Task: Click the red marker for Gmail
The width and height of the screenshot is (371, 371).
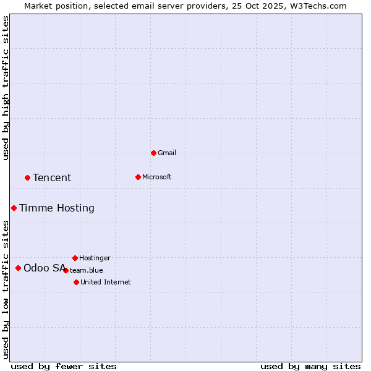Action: [153, 153]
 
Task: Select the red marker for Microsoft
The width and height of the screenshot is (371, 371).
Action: [138, 177]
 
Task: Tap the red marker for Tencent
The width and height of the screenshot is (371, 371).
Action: [27, 177]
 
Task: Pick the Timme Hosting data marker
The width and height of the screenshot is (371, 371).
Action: [14, 208]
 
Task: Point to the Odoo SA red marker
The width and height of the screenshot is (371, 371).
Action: [18, 268]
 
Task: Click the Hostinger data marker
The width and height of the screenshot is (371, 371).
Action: [75, 258]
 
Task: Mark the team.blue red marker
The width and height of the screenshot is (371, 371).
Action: [66, 270]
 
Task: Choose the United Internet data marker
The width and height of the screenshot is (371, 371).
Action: [76, 282]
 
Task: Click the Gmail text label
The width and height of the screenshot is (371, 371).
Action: [167, 153]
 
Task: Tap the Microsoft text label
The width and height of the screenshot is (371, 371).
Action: [157, 177]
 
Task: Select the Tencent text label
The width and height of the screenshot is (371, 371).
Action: [52, 177]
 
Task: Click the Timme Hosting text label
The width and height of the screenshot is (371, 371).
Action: [57, 208]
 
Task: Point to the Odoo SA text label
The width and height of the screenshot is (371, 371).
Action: [45, 268]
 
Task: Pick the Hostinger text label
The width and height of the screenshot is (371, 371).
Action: [95, 258]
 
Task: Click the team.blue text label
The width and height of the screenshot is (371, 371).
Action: [87, 270]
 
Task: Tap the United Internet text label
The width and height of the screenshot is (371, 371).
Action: [106, 282]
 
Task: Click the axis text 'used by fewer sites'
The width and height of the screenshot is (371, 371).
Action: [64, 366]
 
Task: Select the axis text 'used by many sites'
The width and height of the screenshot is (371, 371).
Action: [310, 366]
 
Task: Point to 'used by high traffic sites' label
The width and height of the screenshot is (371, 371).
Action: [6, 88]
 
